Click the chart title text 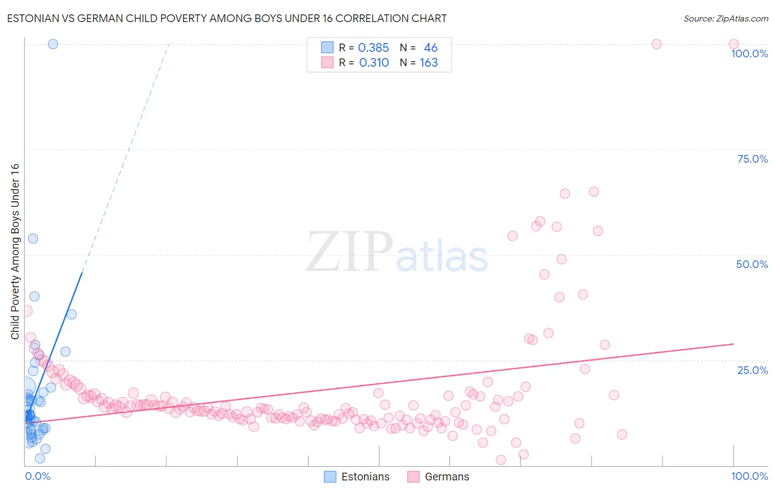click(227, 18)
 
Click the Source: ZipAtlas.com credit click(725, 18)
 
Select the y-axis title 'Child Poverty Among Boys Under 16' click(15, 252)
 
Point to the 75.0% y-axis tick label click(752, 159)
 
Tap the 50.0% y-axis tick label click(752, 264)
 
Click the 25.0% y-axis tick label click(752, 370)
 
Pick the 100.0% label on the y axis click(749, 54)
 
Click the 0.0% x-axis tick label click(37, 476)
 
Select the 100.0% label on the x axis click(749, 476)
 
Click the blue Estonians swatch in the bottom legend click(330, 477)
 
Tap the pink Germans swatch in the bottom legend click(413, 477)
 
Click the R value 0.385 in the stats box click(373, 47)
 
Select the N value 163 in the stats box click(428, 63)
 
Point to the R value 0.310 click(374, 63)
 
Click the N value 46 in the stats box click(430, 47)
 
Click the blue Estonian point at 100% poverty click(53, 44)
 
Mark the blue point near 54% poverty click(33, 238)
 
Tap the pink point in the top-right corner click(734, 44)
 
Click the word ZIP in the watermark click(349, 252)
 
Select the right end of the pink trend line click(733, 344)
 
